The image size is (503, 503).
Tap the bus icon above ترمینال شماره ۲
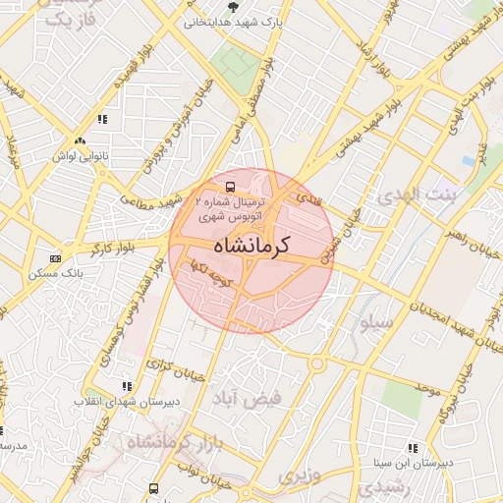(230, 186)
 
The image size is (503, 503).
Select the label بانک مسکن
(55, 272)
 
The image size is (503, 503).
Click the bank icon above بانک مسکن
(54, 258)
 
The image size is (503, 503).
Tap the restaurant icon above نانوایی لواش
(101, 119)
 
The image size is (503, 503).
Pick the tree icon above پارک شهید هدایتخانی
(233, 6)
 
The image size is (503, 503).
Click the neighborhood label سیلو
(376, 322)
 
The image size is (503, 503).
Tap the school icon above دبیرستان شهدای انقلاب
(125, 387)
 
